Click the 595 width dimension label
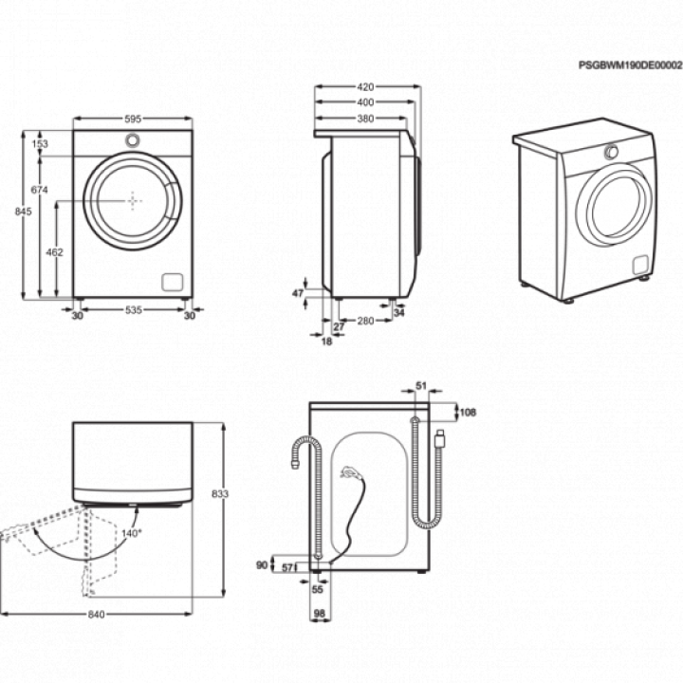133,119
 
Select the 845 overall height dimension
23,212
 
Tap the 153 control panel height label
40,144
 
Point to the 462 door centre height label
54,252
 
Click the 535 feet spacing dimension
134,309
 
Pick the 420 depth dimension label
365,87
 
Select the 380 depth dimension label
365,119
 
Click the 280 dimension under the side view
365,321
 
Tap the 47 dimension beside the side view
298,293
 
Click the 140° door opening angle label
132,533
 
